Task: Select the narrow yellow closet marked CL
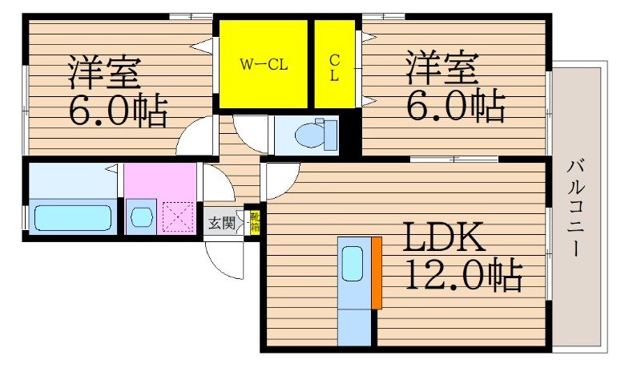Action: click(x=335, y=64)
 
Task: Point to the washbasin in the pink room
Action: click(x=141, y=217)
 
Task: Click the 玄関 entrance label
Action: click(x=221, y=223)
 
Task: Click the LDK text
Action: click(x=441, y=240)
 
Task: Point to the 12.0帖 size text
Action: click(x=462, y=277)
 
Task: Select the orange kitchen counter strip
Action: click(x=376, y=273)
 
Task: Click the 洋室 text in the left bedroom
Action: click(x=103, y=73)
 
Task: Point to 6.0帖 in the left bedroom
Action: click(x=118, y=111)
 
